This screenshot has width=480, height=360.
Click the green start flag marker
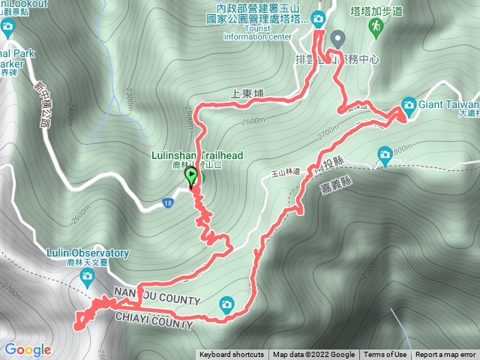coord(192,177)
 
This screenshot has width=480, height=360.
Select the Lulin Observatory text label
coord(88,253)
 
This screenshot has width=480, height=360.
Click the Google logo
coord(28,349)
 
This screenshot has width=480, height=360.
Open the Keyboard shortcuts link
coord(232,355)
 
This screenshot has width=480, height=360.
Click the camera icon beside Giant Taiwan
coord(409,103)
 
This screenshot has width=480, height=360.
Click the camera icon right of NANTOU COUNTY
coord(226,303)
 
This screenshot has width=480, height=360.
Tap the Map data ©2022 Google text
coord(313,355)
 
